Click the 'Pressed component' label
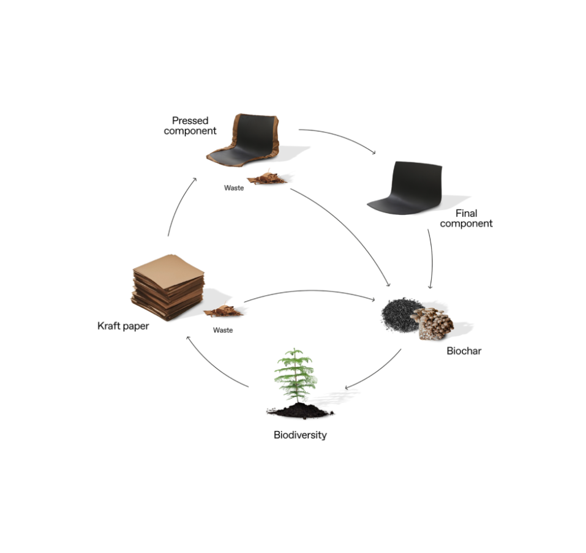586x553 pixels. (190, 126)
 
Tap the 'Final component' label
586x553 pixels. (466, 218)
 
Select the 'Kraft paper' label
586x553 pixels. (123, 326)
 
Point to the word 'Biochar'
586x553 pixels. (464, 352)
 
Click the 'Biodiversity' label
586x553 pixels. (300, 435)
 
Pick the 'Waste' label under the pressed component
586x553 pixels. (234, 188)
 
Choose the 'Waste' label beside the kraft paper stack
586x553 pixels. (224, 330)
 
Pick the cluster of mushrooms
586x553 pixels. (432, 323)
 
